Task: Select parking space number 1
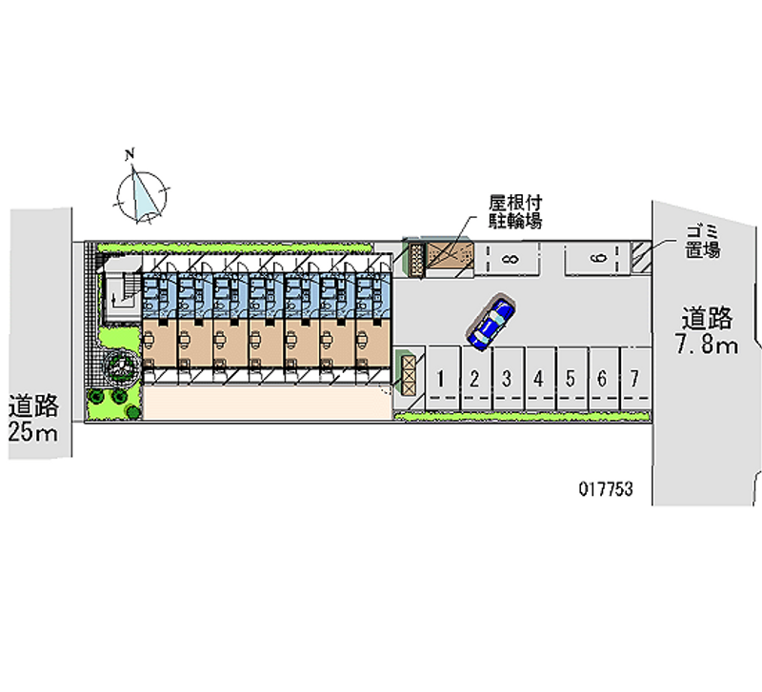coord(441,379)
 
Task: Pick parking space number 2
coord(473,379)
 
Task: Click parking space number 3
coord(507,379)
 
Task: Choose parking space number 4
coord(538,379)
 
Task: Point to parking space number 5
coord(570,379)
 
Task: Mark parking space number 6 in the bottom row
coord(601,379)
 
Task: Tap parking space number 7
coord(633,379)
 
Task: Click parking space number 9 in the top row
coord(597,258)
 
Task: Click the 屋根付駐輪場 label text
coord(515,212)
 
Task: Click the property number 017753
coord(607,489)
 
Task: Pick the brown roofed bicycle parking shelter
coord(449,257)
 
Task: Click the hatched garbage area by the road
coord(644,255)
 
